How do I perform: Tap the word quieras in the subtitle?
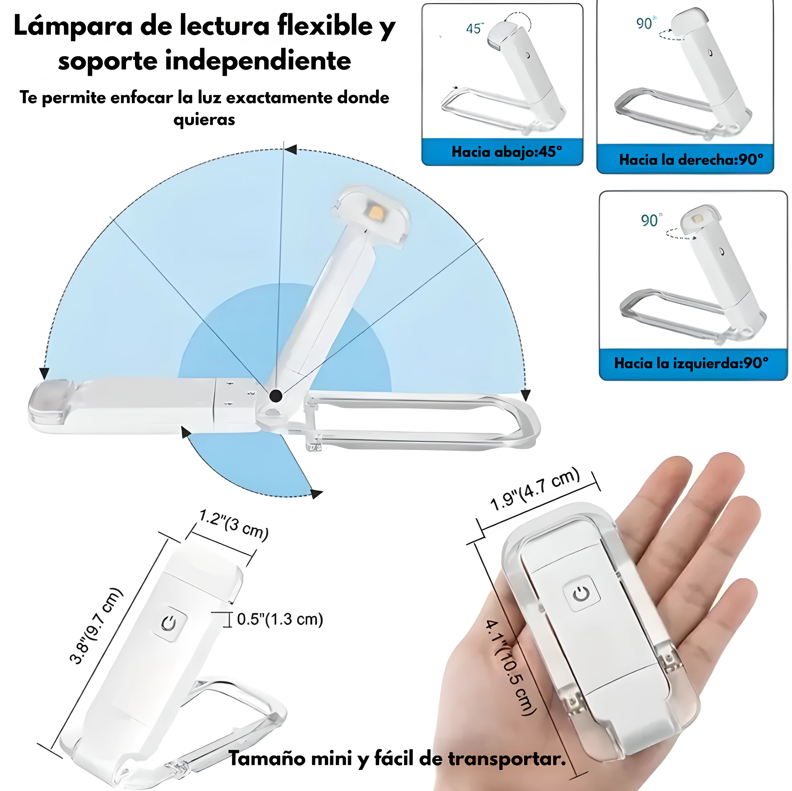click(x=204, y=120)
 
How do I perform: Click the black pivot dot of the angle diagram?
click(x=276, y=396)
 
